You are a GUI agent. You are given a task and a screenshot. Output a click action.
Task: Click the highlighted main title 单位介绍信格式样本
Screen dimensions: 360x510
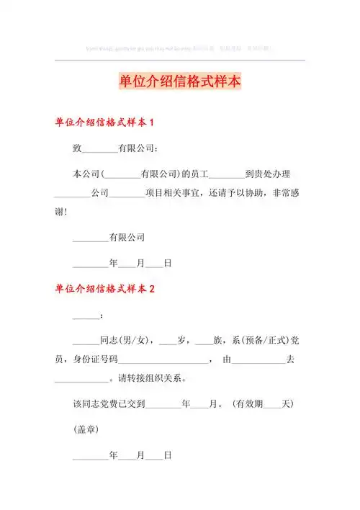[x=180, y=81]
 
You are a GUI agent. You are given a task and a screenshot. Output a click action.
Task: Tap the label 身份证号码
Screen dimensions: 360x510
[x=99, y=359]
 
